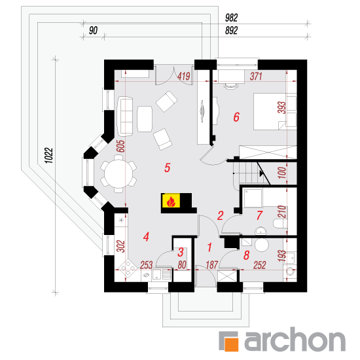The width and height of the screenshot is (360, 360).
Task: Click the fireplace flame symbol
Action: pos(171,202)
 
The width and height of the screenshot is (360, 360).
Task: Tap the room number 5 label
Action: pos(167,168)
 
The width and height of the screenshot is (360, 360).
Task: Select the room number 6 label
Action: pos(236,117)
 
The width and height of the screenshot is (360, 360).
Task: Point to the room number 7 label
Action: pos(259,215)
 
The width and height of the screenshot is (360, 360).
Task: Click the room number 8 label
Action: pos(246,255)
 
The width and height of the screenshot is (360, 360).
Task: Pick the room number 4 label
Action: pos(146,237)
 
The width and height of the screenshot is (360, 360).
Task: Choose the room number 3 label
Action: pos(181,252)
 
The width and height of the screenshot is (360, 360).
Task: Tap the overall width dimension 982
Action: pos(231,18)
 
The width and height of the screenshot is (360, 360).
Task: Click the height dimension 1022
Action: pos(49,155)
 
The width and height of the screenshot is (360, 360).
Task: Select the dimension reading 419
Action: pos(184,76)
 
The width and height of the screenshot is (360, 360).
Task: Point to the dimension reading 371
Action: pos(256,76)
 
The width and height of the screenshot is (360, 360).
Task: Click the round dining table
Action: pos(118,173)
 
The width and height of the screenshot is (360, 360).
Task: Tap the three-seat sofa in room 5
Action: pos(125,117)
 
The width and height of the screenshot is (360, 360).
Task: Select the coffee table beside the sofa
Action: pos(145,118)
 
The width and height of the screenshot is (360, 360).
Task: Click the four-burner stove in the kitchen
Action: pos(128,268)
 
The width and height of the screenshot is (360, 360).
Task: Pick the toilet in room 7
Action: pos(280,223)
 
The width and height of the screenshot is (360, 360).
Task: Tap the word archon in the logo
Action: pos(295,338)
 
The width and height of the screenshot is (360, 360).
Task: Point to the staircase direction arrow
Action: pos(262,173)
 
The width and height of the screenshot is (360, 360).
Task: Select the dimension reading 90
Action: pos(93,30)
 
